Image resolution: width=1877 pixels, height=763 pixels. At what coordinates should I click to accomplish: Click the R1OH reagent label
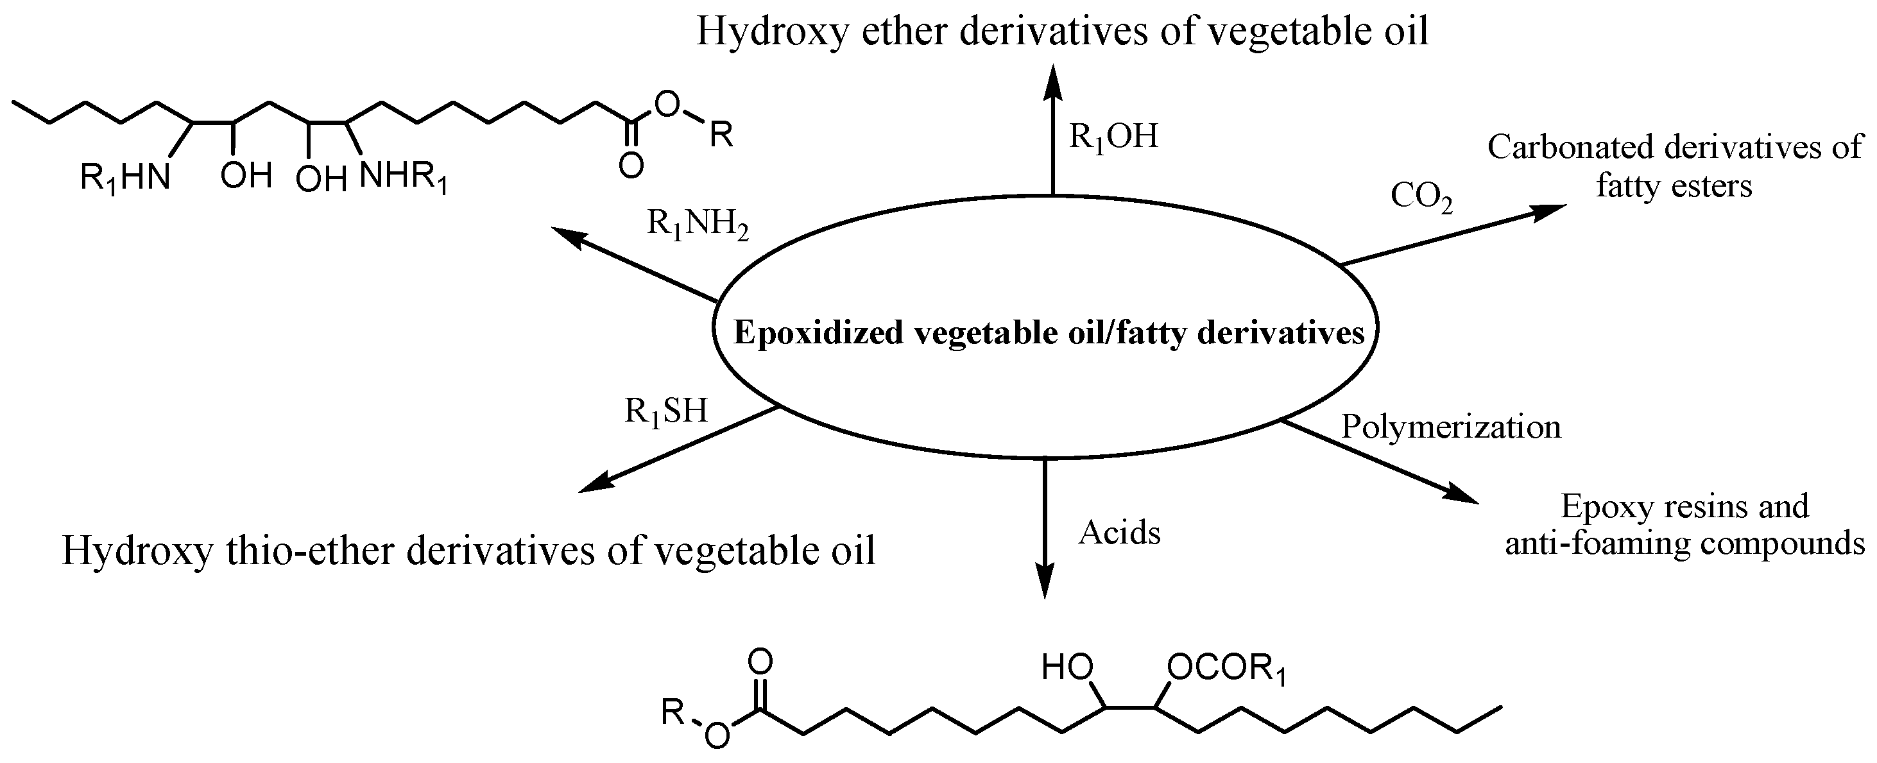click(x=1113, y=136)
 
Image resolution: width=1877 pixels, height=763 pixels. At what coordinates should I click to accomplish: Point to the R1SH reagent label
click(x=666, y=412)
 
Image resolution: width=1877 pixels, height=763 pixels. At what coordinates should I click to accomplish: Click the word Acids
click(x=1119, y=533)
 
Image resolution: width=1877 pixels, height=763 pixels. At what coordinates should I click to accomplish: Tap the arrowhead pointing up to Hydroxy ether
click(x=1052, y=79)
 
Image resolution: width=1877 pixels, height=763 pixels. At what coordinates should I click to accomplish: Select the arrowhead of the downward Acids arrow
click(x=1045, y=583)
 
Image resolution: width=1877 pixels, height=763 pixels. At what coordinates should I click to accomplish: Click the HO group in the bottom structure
click(x=1067, y=667)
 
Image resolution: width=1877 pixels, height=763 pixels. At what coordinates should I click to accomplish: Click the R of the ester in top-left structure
click(x=721, y=135)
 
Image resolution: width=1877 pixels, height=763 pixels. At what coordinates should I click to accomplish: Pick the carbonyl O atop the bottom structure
click(x=760, y=662)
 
